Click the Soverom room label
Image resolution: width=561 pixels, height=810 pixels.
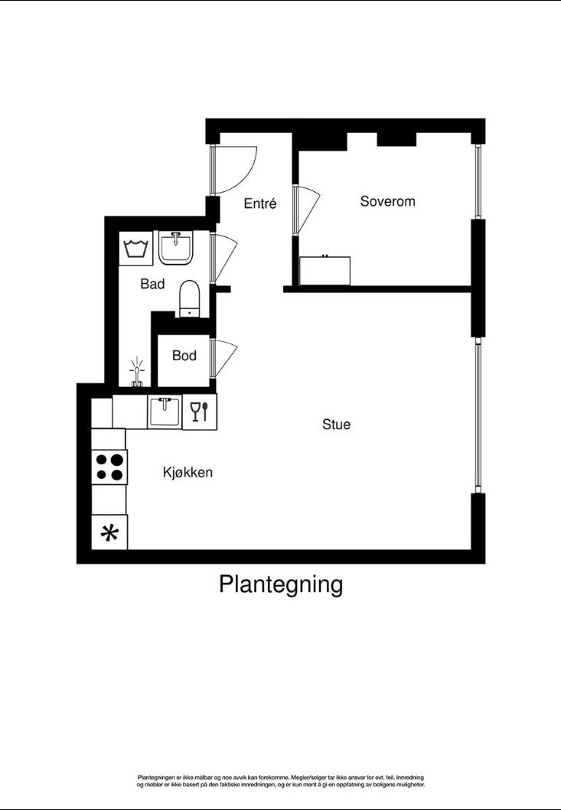[387, 201]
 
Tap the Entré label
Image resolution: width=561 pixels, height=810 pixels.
[259, 203]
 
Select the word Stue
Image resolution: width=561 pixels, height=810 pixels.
[336, 424]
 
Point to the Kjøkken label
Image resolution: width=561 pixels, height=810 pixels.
[188, 473]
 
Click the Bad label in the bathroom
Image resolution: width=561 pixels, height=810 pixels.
[152, 284]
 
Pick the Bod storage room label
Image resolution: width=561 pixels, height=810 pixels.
[184, 356]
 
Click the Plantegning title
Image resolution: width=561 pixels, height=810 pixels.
[281, 584]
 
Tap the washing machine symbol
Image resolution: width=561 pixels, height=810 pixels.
[136, 249]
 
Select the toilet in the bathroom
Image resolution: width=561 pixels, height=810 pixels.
[189, 298]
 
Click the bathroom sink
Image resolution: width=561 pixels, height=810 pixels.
[177, 248]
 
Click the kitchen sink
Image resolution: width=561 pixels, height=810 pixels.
[164, 412]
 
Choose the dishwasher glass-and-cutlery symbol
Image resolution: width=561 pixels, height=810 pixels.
[199, 412]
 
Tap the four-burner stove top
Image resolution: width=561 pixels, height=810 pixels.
[109, 467]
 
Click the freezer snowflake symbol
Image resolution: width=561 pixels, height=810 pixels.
[109, 533]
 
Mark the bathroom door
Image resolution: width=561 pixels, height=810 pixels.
[225, 258]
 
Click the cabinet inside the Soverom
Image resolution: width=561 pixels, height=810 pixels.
[325, 270]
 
